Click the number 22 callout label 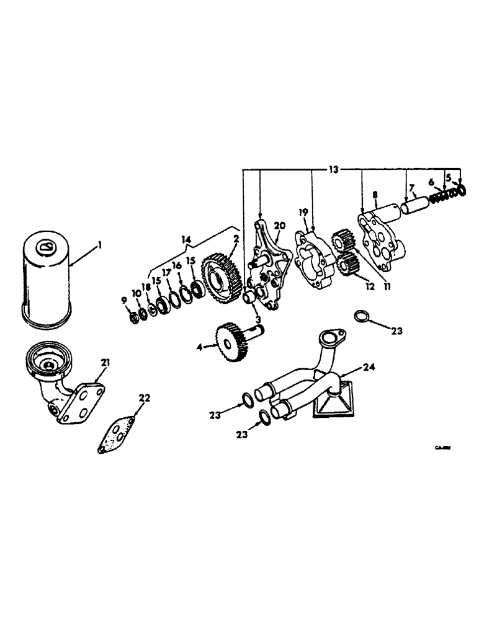click(x=144, y=398)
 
